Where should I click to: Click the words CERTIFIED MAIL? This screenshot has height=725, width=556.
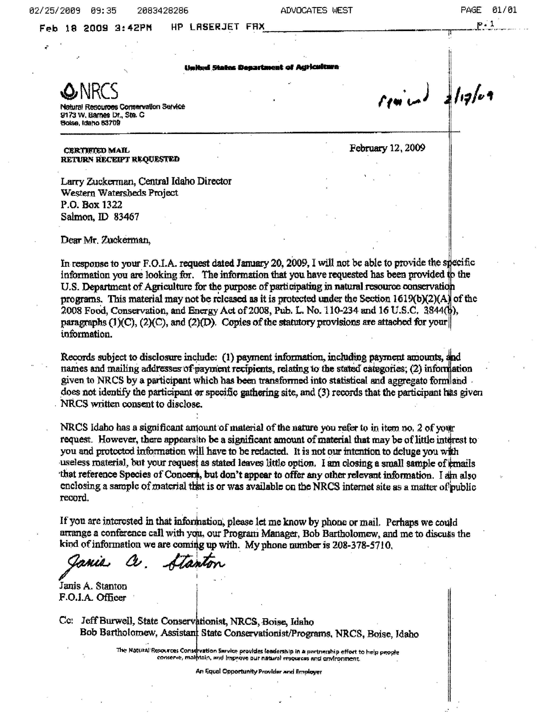(96, 150)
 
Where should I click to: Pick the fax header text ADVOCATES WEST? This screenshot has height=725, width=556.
(316, 11)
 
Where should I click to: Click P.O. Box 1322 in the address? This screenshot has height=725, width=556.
(91, 205)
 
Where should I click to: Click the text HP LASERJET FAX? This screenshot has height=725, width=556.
(218, 27)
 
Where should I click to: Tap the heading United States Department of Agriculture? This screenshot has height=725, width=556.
(261, 67)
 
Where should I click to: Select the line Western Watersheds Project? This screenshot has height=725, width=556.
(119, 193)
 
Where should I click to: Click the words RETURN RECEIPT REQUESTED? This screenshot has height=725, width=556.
(120, 159)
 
